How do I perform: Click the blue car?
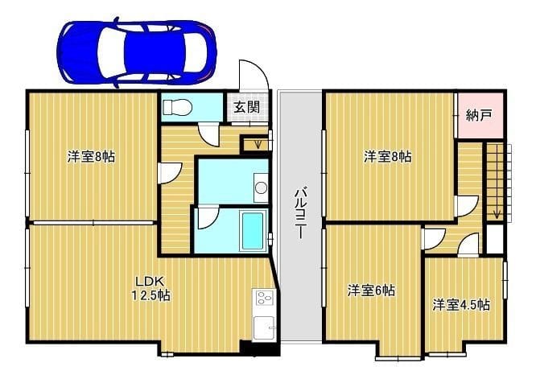point(137,52)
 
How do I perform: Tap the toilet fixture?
point(177,107)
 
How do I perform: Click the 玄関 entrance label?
point(246,107)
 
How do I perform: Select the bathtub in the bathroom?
point(253,231)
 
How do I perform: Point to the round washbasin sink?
point(262,187)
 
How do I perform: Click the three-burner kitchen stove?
point(265,297)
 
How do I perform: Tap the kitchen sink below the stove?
point(264,328)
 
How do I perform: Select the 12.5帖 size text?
point(151,295)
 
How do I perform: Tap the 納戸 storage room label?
point(479,116)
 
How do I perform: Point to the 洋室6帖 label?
point(371,290)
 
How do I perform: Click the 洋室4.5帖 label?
point(461,305)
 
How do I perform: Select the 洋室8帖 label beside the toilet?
point(91,157)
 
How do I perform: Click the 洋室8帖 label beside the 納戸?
point(387,157)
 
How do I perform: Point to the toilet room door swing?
point(209,136)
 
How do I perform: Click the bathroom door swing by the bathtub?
point(207,218)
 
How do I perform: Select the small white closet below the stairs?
point(494,239)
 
